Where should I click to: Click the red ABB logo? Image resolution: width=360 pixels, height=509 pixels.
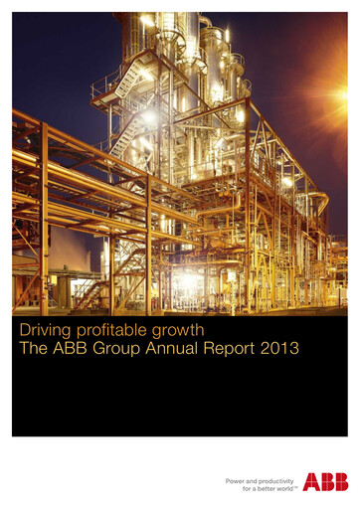325,482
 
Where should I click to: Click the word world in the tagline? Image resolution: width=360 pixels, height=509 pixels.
283,488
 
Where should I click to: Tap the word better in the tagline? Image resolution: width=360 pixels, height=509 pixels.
261,488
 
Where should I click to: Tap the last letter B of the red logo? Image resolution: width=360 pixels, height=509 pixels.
340,482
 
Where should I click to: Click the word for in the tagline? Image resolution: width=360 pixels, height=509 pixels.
235,488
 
